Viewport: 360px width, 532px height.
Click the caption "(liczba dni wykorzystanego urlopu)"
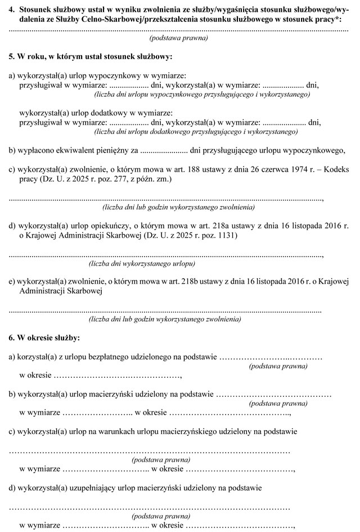[142, 263]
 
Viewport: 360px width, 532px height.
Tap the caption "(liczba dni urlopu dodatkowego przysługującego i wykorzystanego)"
[196, 131]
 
